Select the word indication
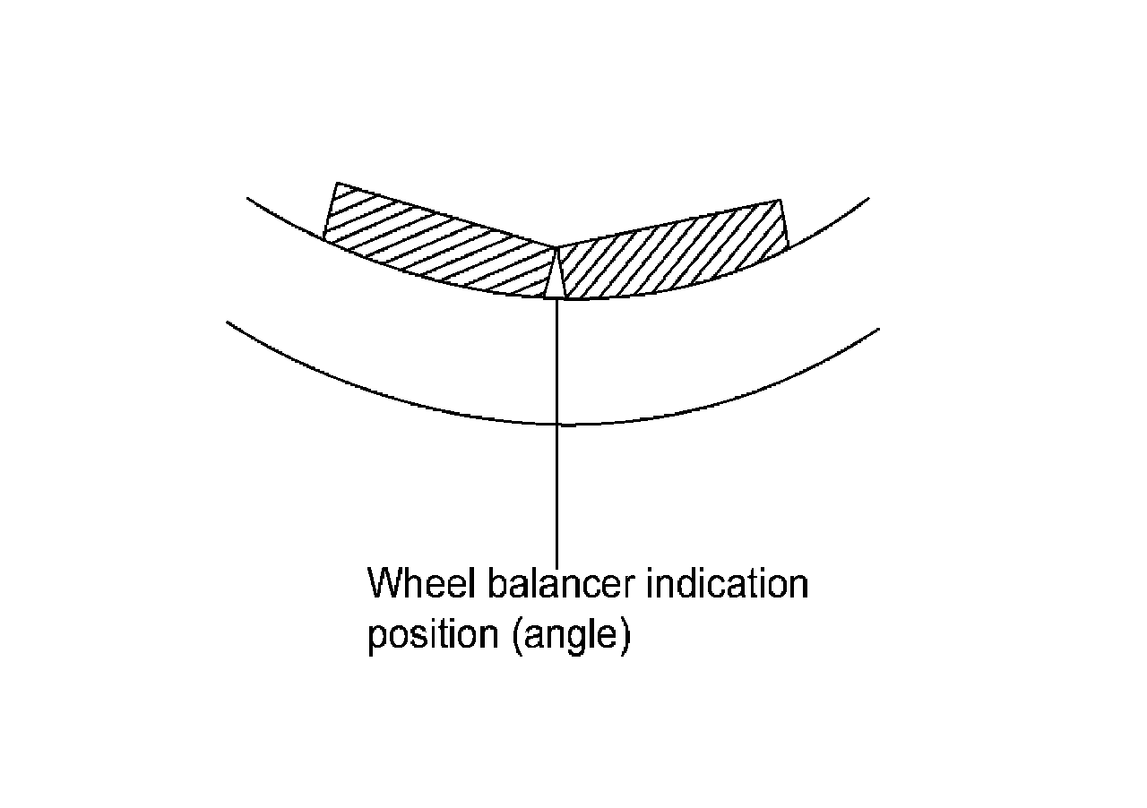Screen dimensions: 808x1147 [x=727, y=584]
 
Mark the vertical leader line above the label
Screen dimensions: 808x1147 [x=557, y=493]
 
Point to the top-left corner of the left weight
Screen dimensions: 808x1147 [x=336, y=184]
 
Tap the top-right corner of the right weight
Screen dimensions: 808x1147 [x=780, y=200]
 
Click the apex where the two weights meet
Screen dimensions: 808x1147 [x=556, y=247]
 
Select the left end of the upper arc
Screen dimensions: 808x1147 [x=248, y=197]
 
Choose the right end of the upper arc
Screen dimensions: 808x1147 [x=868, y=198]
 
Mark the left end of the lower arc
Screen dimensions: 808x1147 [x=229, y=322]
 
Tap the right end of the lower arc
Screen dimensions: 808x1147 [x=878, y=329]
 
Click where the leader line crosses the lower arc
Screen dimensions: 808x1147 [x=557, y=424]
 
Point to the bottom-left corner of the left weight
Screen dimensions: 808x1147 [x=323, y=238]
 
